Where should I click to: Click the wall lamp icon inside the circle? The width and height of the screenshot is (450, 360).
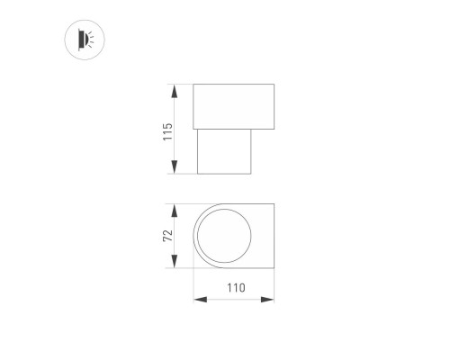tap(85, 38)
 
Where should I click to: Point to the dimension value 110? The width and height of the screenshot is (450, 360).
tap(234, 289)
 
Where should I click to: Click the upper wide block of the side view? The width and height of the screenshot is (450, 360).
tap(234, 105)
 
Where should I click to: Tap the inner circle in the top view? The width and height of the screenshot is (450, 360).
tap(223, 236)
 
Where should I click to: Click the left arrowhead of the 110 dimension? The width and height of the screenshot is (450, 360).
tap(197, 300)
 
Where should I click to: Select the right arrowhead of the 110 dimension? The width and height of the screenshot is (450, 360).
tap(271, 300)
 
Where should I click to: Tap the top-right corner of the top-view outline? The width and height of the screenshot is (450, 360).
tap(274, 203)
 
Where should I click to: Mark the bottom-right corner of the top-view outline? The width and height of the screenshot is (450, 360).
tap(274, 268)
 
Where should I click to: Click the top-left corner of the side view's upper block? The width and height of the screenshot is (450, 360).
tap(194, 85)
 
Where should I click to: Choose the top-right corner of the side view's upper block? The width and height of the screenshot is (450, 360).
tap(274, 85)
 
